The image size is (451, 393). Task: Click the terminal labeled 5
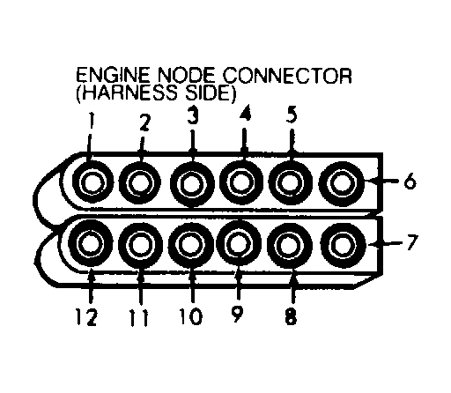coord(288,183)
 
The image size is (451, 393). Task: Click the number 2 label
coord(144,124)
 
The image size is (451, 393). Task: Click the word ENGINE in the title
coord(112,76)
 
